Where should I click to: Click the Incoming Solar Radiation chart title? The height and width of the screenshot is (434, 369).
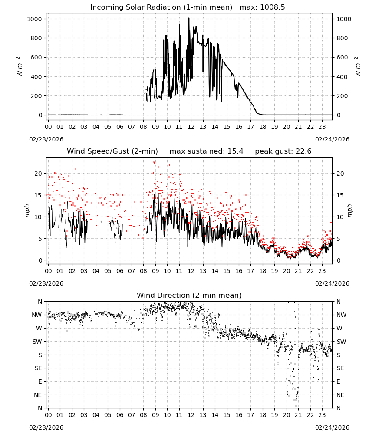(161, 7)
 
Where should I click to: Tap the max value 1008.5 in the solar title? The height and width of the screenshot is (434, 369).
(272, 7)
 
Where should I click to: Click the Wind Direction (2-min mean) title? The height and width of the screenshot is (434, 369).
(189, 295)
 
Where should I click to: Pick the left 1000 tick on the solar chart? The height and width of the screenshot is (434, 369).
(34, 19)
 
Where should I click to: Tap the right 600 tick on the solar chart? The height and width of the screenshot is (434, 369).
(342, 57)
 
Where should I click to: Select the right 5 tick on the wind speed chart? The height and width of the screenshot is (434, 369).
(338, 239)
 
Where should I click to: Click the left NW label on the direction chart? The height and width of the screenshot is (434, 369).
(37, 315)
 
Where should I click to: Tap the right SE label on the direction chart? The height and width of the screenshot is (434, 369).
(340, 368)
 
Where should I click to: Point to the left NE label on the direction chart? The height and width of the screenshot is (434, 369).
(38, 395)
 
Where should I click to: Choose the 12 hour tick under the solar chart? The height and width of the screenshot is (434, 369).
(191, 127)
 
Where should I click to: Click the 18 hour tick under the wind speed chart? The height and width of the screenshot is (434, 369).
(263, 271)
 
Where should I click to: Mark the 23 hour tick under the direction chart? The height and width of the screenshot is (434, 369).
(322, 415)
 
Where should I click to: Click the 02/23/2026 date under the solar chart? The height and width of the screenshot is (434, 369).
(46, 139)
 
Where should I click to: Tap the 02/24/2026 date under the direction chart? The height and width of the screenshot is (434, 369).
(332, 427)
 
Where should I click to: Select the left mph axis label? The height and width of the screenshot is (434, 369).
(27, 210)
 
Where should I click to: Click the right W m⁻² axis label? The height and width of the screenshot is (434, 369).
(357, 67)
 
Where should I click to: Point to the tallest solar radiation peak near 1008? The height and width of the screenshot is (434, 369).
(189, 18)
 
